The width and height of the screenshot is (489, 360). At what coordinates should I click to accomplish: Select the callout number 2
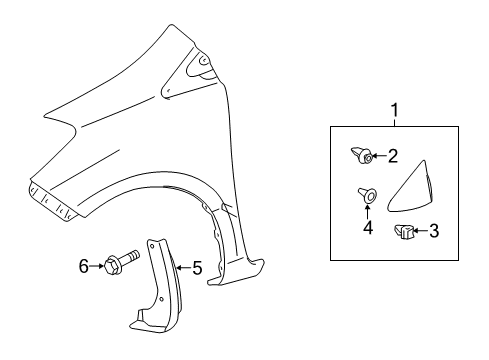click(393, 155)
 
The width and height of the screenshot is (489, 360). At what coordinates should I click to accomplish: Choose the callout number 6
click(84, 265)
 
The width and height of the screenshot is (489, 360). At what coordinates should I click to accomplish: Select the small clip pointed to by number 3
click(407, 232)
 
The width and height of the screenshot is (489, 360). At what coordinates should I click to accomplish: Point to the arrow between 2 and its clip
click(379, 156)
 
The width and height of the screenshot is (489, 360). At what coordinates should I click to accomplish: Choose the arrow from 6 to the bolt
click(96, 265)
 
